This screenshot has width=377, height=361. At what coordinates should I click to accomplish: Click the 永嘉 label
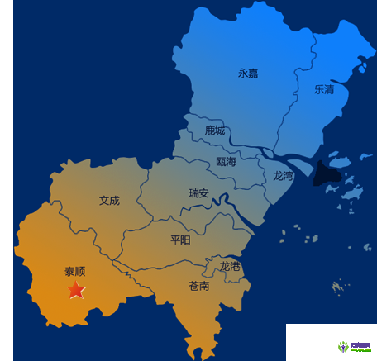248,73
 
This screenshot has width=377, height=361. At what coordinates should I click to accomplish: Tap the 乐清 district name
323,90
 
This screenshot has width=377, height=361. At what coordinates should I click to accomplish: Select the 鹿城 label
215,131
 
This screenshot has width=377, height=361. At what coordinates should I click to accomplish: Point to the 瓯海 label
226,162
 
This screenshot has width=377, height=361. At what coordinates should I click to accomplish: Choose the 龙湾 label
283,176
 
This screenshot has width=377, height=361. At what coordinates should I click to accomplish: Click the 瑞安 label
198,193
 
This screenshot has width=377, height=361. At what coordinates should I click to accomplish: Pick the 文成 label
109,200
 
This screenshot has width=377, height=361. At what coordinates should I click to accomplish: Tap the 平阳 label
180,240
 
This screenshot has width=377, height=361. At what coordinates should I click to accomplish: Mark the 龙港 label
230,266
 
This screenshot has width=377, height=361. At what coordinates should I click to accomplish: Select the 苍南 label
198,286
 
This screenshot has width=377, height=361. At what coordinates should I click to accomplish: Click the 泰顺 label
75,271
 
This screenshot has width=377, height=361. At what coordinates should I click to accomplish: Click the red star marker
75,290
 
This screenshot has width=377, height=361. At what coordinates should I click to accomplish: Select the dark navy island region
328,175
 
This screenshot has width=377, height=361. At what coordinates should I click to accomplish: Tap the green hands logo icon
342,347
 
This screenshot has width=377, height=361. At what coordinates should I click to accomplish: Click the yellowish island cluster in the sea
336,287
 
